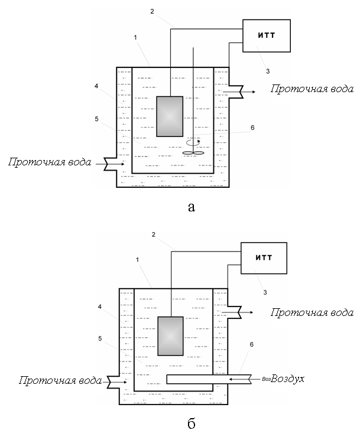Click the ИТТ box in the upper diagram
tap(267, 35)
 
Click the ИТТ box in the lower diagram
tap(264, 258)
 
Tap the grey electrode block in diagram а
tap(170, 116)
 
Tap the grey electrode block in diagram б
tap(170, 336)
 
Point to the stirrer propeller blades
tap(193, 152)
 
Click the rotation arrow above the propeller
tap(193, 142)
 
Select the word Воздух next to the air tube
tap(287, 379)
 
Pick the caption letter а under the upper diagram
tap(192, 207)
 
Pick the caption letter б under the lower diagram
tap(192, 423)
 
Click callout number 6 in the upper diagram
tap(252, 128)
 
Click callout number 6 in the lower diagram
tap(251, 344)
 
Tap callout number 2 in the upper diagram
tap(152, 11)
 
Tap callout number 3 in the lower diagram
tap(265, 292)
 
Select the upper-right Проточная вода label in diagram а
tap(312, 89)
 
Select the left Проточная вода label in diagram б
tap(60, 380)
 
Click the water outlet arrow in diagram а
tap(239, 92)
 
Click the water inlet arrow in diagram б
tap(117, 383)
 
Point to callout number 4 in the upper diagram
tap(96, 86)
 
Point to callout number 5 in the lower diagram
tap(100, 338)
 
